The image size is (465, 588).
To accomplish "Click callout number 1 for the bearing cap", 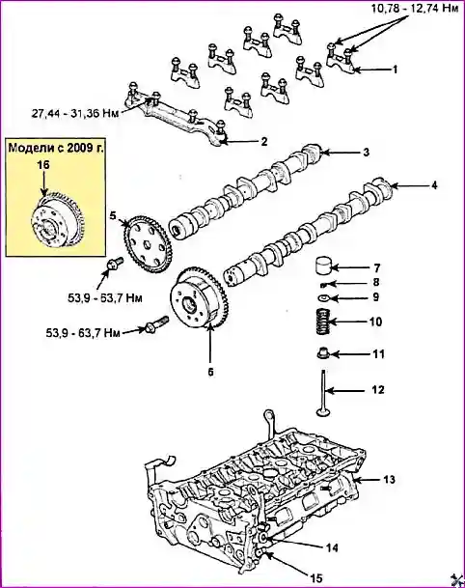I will (394, 70).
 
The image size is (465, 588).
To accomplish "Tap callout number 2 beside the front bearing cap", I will (263, 141).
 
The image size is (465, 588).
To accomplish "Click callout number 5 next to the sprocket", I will (113, 216).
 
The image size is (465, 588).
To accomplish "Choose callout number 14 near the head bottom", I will (332, 547).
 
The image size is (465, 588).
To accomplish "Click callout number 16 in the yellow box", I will (42, 166).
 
